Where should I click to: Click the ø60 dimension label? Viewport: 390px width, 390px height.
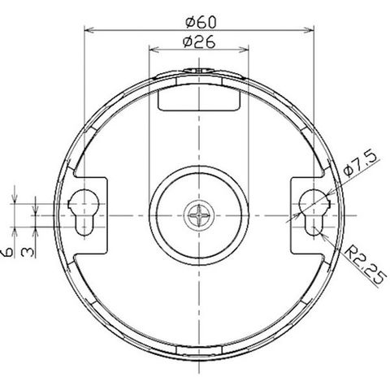click(201, 22)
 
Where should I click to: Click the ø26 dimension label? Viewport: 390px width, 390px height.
click(199, 41)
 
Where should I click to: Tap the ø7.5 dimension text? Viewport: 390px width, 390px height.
click(360, 164)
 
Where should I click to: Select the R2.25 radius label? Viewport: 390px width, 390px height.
click(365, 266)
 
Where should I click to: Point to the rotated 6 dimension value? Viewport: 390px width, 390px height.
click(7, 253)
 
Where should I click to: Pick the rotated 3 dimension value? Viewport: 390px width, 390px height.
click(28, 253)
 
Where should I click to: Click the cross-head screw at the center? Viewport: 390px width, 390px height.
click(199, 215)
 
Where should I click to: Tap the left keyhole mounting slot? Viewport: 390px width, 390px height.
click(84, 212)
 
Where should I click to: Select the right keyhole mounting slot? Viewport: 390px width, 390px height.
click(314, 212)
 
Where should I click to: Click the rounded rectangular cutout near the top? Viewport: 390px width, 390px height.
click(199, 100)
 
